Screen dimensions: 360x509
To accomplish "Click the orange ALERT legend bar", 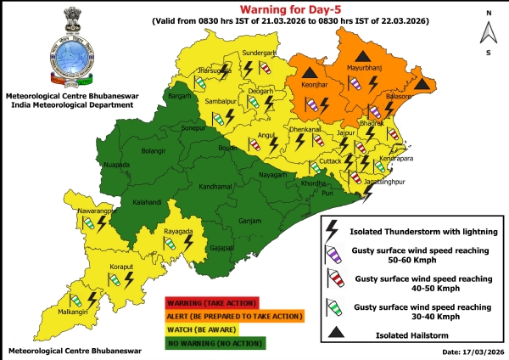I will (233, 316).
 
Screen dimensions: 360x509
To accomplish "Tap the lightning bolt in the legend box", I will (333, 228).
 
